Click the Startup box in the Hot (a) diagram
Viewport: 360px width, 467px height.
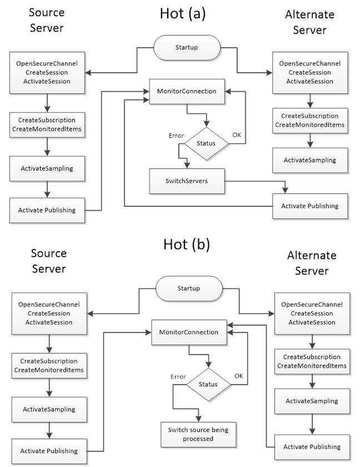(x=187, y=48)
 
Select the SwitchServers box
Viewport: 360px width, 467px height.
(x=187, y=181)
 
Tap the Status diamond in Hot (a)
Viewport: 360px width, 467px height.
(x=206, y=143)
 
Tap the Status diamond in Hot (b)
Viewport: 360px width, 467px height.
(x=208, y=384)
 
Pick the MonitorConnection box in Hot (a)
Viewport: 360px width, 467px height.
(x=187, y=91)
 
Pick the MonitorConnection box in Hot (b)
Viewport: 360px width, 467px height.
(x=189, y=332)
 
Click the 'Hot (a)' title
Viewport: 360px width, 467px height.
(x=183, y=13)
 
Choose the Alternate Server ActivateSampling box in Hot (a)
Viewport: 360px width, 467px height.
(x=309, y=160)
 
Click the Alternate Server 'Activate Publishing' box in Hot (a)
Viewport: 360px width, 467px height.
(x=309, y=206)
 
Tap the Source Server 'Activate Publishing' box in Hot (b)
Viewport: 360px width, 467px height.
(x=49, y=450)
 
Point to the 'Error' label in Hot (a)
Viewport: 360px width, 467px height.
(x=176, y=136)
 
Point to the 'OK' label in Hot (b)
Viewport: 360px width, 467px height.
(x=239, y=376)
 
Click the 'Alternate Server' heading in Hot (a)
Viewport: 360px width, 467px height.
(x=309, y=22)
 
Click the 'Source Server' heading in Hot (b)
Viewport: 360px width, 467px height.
(x=48, y=261)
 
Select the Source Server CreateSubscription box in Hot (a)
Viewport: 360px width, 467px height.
(x=47, y=125)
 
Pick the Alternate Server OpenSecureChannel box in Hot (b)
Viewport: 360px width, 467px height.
(x=311, y=313)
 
